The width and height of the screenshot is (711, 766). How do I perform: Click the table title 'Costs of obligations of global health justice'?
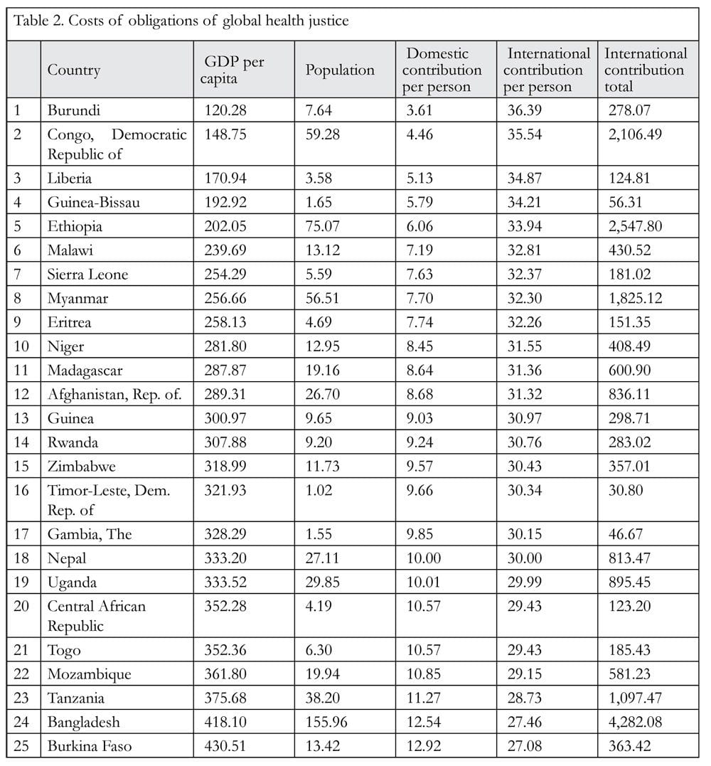[208, 21]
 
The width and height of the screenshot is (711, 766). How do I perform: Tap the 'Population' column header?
[340, 70]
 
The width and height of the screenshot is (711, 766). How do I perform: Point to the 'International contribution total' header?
[645, 70]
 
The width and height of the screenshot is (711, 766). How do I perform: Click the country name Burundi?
[74, 110]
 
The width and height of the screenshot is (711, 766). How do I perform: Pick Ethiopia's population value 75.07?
[322, 226]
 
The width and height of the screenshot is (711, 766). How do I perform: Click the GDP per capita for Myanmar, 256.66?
[225, 298]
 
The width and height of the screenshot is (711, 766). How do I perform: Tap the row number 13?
[21, 418]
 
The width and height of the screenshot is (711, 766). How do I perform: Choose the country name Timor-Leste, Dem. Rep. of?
[108, 500]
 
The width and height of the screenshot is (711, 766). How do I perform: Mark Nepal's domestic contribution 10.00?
[423, 558]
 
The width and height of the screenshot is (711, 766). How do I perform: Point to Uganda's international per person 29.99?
[525, 582]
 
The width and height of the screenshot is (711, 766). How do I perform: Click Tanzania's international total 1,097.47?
[635, 698]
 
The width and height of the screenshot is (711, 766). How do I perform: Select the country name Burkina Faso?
[90, 746]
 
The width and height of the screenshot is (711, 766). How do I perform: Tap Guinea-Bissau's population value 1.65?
[319, 202]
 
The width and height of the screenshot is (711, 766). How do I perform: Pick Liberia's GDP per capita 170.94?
[225, 179]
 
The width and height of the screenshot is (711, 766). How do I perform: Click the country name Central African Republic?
[96, 616]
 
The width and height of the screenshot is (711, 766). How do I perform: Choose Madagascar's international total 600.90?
[629, 371]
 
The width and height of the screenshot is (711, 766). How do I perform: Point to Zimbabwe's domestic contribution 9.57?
[419, 466]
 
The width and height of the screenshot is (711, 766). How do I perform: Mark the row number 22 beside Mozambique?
[21, 674]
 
